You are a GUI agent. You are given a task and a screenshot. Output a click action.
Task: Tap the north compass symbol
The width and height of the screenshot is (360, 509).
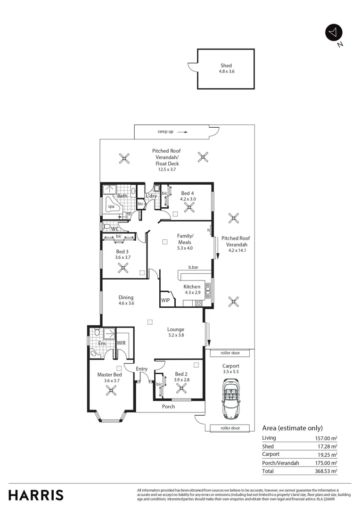coord(334,33)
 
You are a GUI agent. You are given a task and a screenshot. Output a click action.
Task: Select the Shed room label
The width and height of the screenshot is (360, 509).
coord(226,66)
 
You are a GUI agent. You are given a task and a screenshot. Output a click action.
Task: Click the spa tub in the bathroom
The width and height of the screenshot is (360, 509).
coord(112,206)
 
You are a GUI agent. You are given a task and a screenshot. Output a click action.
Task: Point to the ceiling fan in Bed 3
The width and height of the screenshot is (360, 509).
coord(123,268)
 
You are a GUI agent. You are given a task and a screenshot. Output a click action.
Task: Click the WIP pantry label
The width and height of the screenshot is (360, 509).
coord(165,300)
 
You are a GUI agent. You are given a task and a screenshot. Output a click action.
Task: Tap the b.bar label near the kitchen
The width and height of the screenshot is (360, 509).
coord(193,267)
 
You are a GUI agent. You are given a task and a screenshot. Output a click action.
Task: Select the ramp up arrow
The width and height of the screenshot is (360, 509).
coord(183,132)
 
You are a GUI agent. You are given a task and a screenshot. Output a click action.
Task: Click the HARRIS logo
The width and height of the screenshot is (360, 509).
coord(36,495)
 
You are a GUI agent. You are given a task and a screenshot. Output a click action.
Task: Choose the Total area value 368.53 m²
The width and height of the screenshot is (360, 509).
coord(326,471)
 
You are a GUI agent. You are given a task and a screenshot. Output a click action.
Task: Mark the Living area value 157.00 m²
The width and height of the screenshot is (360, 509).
coord(326,438)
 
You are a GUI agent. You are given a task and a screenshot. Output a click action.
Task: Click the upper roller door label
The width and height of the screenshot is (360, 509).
coord(230,353)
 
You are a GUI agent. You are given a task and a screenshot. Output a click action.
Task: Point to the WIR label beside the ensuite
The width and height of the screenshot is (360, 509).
coord(121,343)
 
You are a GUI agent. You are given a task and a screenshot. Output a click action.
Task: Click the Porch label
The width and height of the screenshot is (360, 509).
coord(168,406)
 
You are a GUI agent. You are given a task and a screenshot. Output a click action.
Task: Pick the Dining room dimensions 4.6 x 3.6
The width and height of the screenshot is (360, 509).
coord(126,304)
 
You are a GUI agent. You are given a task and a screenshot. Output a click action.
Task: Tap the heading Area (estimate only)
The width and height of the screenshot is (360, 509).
coord(292,428)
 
